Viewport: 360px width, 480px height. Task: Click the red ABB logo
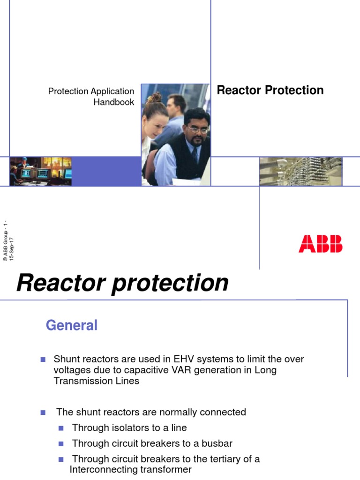[x=321, y=244]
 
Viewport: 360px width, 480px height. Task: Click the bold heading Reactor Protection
[x=270, y=90]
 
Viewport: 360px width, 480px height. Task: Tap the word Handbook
[x=114, y=102]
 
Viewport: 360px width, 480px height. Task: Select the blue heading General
[x=72, y=325]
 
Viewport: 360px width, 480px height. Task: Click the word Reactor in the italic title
[x=61, y=283]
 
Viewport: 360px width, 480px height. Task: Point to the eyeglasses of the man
[x=198, y=129]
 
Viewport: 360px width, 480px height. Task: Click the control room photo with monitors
[x=41, y=172]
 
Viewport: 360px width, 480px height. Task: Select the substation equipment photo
[x=300, y=172]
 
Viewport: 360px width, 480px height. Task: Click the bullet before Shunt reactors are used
[x=43, y=360]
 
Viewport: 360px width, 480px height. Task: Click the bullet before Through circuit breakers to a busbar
[x=61, y=443]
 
